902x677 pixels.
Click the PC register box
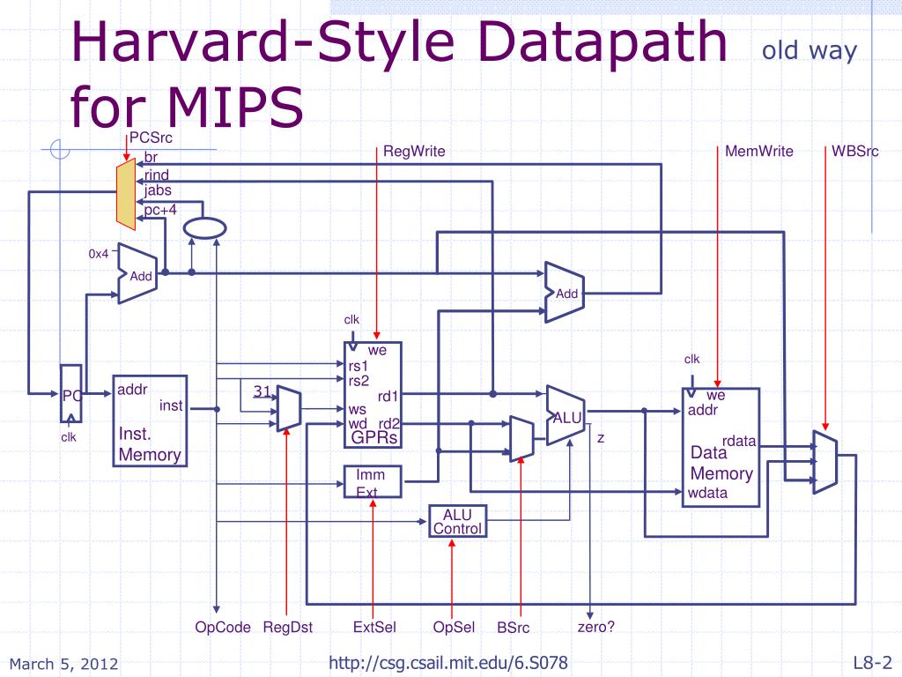(x=71, y=394)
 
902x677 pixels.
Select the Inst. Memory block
(x=150, y=420)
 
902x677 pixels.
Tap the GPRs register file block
(x=373, y=395)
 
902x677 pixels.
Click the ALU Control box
(x=458, y=522)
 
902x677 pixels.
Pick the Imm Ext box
(x=373, y=482)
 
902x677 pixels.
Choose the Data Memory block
(x=721, y=447)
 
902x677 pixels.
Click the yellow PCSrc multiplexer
(x=126, y=194)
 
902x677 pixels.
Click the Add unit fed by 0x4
(x=137, y=273)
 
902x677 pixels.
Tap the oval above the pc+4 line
(x=204, y=228)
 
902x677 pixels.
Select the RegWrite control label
(x=414, y=152)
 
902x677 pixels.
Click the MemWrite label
(x=758, y=152)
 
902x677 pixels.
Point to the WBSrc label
(x=854, y=152)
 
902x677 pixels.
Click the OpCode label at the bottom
(x=223, y=627)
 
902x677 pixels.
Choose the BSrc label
(x=514, y=628)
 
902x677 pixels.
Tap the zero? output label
(x=596, y=627)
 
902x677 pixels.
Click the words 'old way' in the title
(x=810, y=50)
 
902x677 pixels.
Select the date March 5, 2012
(x=63, y=664)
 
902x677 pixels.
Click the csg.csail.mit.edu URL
(x=448, y=663)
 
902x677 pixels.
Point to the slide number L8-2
(x=873, y=663)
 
